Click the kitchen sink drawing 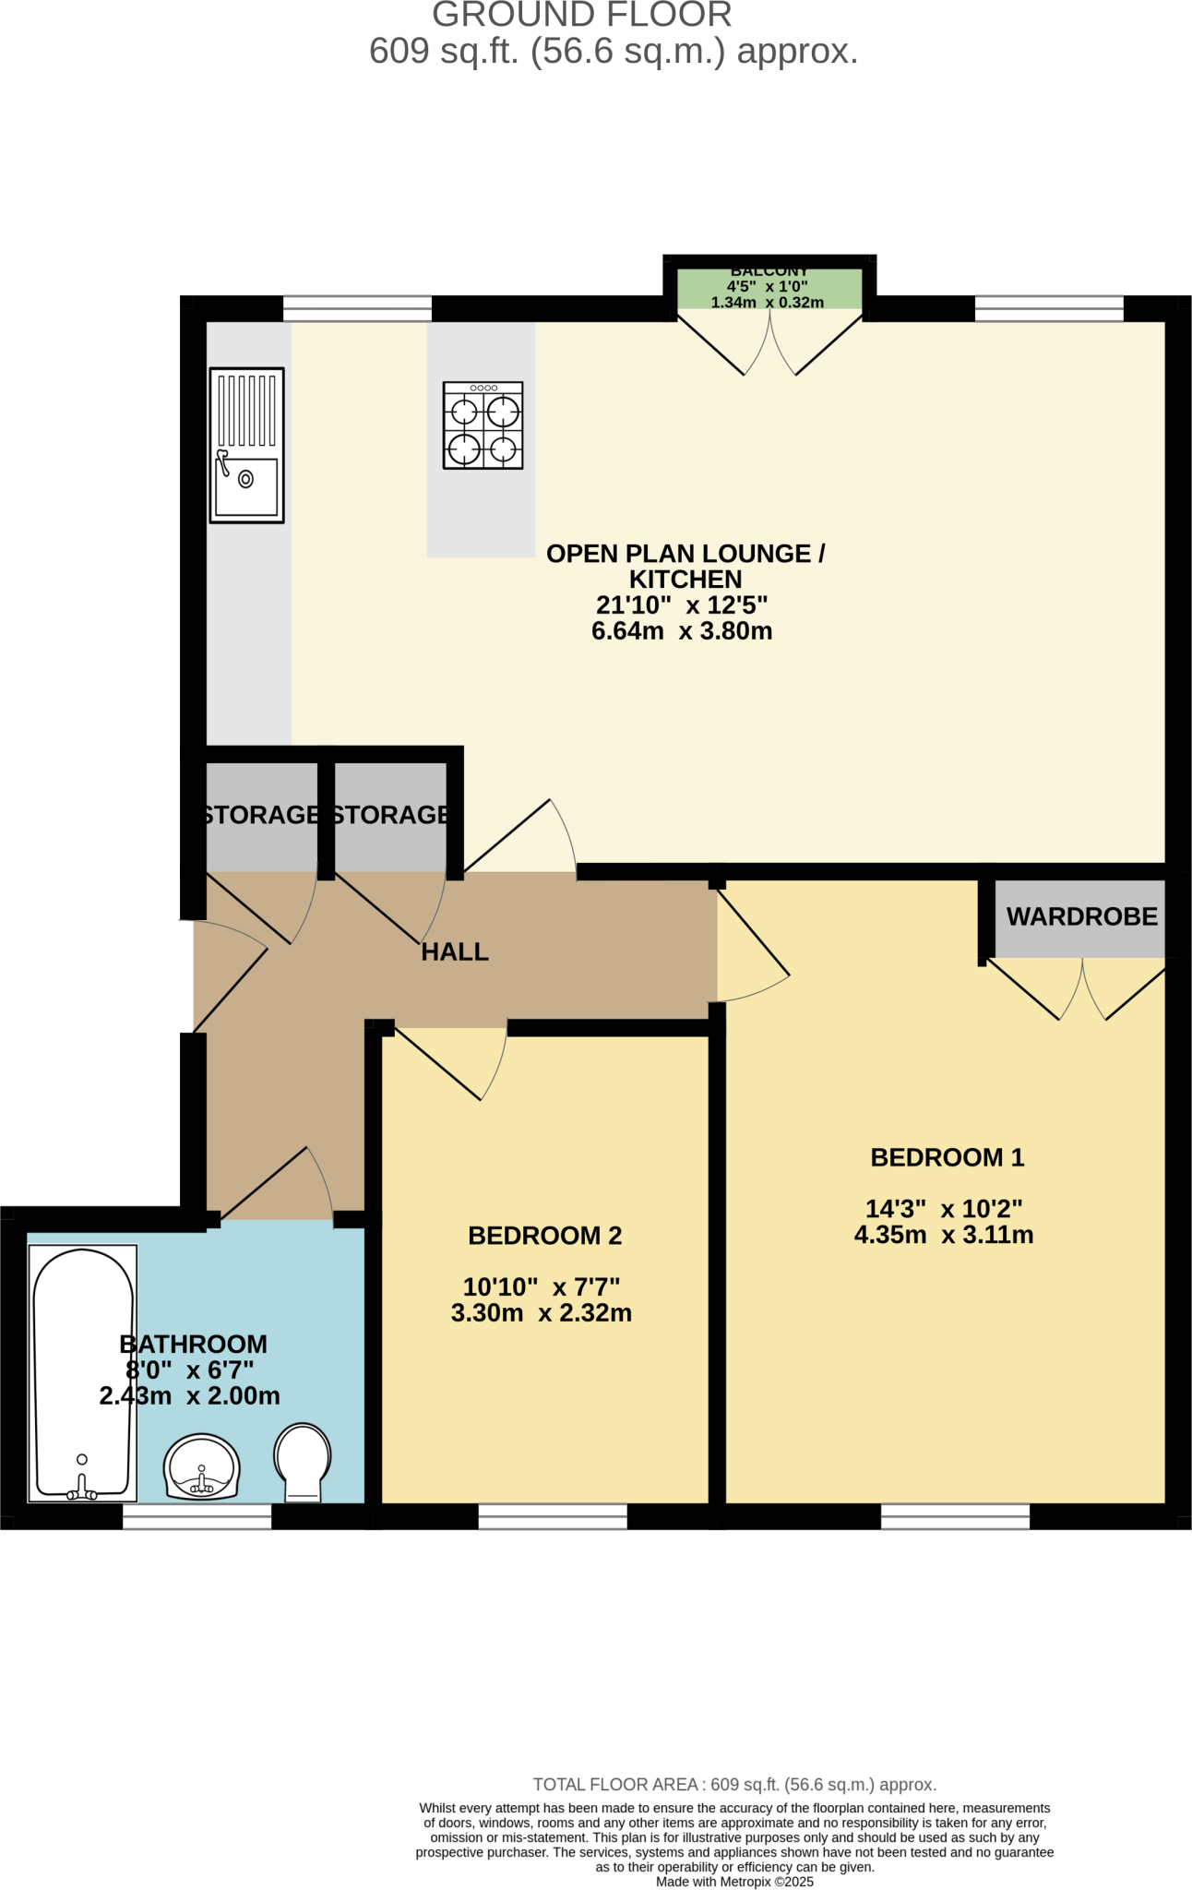[246, 445]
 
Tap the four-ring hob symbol [483, 425]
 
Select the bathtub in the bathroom [82, 1373]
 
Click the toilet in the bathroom [303, 1462]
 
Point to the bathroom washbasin [202, 1467]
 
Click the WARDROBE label [1081, 916]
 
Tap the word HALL [455, 952]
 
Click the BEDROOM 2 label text [544, 1236]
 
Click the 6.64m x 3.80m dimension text [682, 631]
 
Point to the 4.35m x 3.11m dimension [944, 1235]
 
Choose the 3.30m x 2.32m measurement [542, 1313]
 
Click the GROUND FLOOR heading [582, 16]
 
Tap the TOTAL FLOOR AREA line [734, 1785]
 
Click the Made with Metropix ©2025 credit [734, 1882]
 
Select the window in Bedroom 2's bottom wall [553, 1516]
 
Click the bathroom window [197, 1516]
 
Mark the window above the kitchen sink [357, 308]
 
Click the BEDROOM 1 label [948, 1157]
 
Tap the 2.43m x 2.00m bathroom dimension [190, 1396]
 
